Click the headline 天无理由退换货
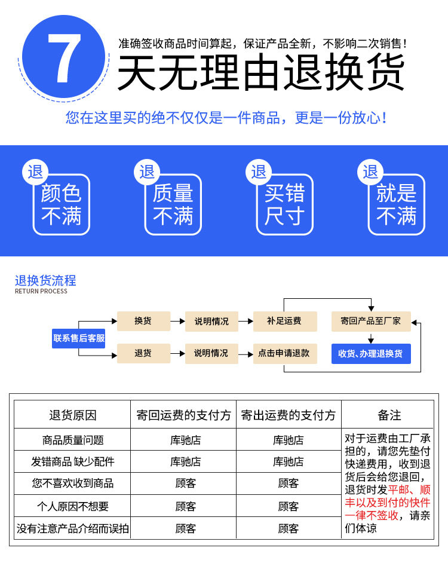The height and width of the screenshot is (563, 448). (261, 73)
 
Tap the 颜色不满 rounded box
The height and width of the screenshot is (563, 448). (61, 204)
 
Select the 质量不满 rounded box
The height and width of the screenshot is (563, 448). (173, 204)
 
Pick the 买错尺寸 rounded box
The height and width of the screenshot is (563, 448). (285, 204)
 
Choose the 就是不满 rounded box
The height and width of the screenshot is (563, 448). (397, 204)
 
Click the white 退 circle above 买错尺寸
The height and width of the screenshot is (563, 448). (259, 172)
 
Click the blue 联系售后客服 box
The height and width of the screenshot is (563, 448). (79, 338)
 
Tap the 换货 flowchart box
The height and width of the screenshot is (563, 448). (143, 321)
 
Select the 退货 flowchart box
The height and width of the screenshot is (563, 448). (143, 353)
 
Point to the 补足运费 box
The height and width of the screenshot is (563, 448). (284, 321)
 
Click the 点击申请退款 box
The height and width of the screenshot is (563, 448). (284, 353)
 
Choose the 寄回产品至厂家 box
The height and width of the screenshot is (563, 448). (371, 321)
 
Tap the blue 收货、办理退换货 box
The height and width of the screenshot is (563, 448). (371, 353)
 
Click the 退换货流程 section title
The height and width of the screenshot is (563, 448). (45, 281)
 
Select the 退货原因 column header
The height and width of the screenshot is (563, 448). (72, 415)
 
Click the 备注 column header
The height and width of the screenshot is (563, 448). (389, 415)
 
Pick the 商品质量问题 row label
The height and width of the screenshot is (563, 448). (73, 440)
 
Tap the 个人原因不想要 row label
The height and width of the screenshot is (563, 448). (73, 506)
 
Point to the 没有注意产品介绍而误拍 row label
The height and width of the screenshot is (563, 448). (73, 528)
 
